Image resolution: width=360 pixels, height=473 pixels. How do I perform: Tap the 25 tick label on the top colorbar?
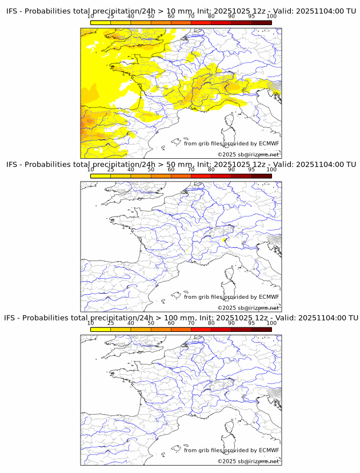click(x=110, y=16)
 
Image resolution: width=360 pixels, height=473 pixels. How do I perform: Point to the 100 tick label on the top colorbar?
click(x=271, y=16)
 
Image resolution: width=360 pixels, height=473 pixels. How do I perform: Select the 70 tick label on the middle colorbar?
click(x=191, y=170)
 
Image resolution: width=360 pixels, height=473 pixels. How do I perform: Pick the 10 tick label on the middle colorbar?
click(x=91, y=170)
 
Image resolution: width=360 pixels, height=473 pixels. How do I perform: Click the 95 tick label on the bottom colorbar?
click(x=251, y=323)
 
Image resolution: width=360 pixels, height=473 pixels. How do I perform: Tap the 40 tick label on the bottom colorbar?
click(x=131, y=323)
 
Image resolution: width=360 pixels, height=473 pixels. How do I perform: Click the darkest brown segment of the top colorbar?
click(x=261, y=22)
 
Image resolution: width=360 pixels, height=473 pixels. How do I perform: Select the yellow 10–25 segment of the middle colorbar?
click(x=101, y=176)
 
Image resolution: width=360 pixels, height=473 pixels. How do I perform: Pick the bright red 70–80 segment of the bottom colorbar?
click(x=201, y=329)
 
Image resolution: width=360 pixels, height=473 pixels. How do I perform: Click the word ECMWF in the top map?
click(x=269, y=143)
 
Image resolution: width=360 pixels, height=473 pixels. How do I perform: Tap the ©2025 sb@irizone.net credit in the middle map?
click(x=248, y=308)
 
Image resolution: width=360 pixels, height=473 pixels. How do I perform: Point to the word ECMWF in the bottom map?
click(x=269, y=450)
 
